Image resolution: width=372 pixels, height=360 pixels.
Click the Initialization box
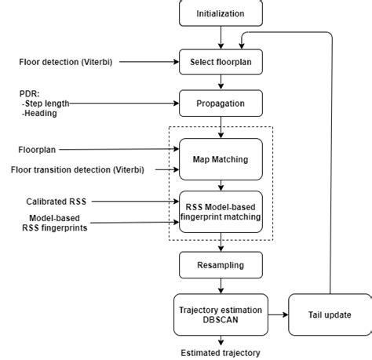click(x=221, y=13)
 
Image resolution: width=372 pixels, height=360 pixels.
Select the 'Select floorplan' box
click(x=221, y=61)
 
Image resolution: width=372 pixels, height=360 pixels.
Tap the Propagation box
click(x=221, y=103)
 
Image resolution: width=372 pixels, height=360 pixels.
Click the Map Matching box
click(x=221, y=158)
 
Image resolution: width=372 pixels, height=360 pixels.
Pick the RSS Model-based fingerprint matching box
click(x=221, y=211)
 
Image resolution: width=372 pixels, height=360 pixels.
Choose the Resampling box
click(x=221, y=264)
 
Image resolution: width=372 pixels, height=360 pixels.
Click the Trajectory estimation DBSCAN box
click(x=221, y=311)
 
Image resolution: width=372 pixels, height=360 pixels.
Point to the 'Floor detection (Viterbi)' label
click(x=64, y=61)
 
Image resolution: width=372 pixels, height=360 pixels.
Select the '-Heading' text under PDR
click(x=39, y=112)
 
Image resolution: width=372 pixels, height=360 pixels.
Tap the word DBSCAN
click(x=221, y=317)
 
